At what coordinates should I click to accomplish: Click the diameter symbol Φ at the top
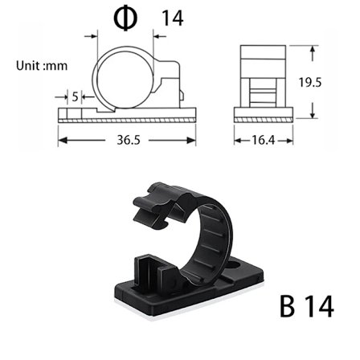click(x=124, y=18)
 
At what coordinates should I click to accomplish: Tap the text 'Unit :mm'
click(x=42, y=66)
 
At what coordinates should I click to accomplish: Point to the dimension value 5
click(x=76, y=96)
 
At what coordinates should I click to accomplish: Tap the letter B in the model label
click(x=291, y=308)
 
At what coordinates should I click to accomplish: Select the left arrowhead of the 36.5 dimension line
click(x=61, y=139)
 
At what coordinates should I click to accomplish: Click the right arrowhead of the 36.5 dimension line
click(x=194, y=139)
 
